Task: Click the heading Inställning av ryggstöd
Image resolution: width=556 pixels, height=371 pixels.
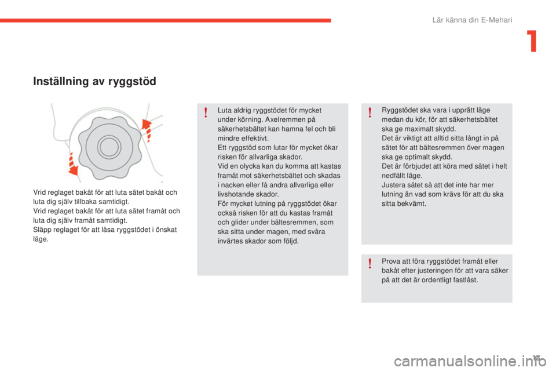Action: (x=94, y=82)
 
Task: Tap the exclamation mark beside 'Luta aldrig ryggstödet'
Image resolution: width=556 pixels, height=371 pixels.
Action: (x=206, y=112)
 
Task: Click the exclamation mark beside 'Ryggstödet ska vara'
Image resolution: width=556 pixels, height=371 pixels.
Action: (x=370, y=112)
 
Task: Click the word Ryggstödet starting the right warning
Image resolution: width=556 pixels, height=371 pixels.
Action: (x=399, y=110)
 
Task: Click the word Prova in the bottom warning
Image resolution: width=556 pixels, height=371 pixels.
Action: (x=391, y=261)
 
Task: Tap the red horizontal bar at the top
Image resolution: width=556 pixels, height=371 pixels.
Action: (x=166, y=20)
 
